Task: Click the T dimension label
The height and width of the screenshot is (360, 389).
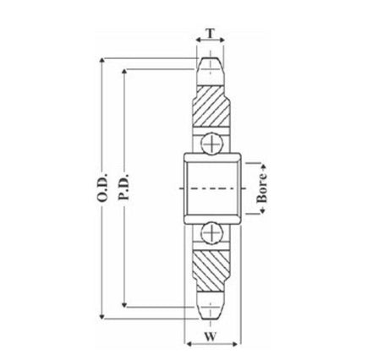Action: pyautogui.click(x=211, y=33)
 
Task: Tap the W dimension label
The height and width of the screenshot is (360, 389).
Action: pyautogui.click(x=211, y=336)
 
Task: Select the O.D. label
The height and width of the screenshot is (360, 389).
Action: pyautogui.click(x=102, y=188)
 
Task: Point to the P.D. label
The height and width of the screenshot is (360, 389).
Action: pyautogui.click(x=123, y=187)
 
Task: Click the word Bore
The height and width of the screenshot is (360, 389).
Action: pyautogui.click(x=262, y=188)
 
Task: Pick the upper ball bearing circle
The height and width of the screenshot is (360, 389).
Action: pyautogui.click(x=211, y=144)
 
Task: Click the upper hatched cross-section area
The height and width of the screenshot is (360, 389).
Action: pyautogui.click(x=211, y=106)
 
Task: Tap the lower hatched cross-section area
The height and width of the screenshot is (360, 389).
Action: pyautogui.click(x=211, y=271)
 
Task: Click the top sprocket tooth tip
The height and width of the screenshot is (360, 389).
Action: pyautogui.click(x=211, y=58)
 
